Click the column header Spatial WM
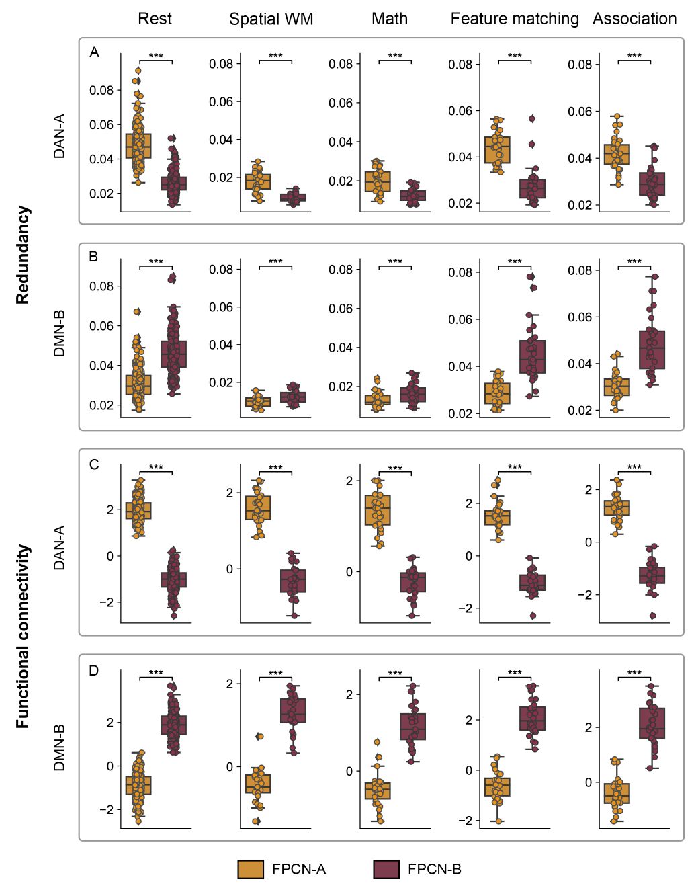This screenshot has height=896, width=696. pos(271,19)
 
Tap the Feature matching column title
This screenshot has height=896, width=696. pos(515,19)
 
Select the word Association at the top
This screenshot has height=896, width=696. pos(634,19)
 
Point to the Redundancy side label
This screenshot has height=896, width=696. pos(23,255)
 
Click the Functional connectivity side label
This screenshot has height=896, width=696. pos(23,636)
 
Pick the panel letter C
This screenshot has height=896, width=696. pos(94,464)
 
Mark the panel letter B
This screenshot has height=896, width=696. pos(94,257)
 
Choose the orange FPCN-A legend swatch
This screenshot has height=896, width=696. pos(251,869)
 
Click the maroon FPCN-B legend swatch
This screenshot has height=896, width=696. pos(386,869)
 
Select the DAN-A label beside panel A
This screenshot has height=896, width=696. pos(60,136)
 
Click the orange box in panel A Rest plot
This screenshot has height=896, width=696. pos(138,146)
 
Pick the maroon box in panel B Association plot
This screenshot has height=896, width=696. pos(652,350)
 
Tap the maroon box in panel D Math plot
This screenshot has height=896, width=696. pos(412,727)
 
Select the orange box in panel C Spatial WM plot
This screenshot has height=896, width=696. pos(258,508)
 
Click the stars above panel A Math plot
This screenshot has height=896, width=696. pos(395,56)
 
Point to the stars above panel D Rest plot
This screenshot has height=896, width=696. pos(156,673)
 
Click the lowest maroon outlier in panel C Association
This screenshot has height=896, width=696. pos(652,616)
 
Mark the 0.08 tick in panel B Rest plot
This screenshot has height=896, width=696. pos(101,286)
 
